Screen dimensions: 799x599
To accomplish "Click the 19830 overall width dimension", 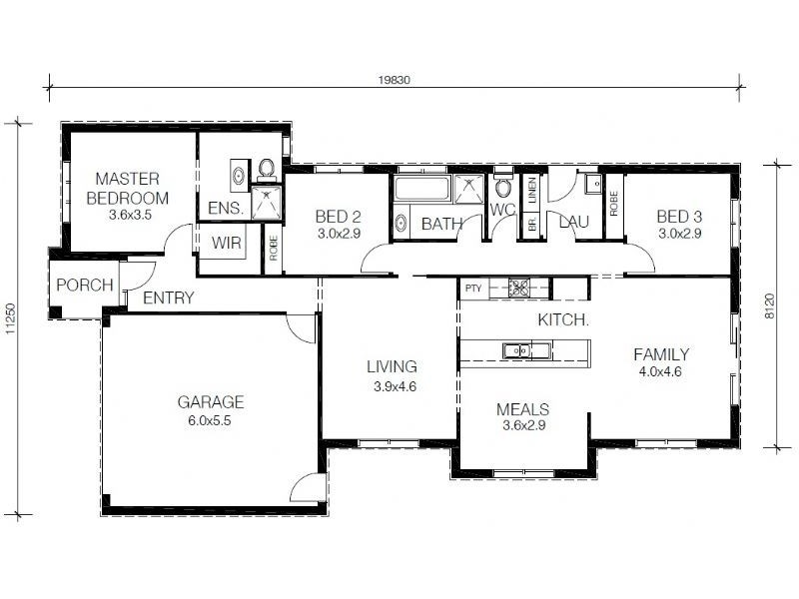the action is [394, 80].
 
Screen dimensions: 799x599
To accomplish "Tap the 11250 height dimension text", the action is [11, 319].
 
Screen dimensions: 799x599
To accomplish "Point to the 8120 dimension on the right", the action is [769, 306].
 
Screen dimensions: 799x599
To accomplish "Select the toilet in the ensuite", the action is [266, 170].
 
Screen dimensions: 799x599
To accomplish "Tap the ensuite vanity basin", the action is [239, 176].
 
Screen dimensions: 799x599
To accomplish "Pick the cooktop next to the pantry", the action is [519, 288].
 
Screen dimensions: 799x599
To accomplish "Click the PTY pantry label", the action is [472, 289].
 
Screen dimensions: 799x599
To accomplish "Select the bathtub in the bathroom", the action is [421, 188].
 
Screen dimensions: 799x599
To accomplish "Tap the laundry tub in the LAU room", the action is [593, 184].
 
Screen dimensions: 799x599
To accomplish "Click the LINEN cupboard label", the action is [532, 190].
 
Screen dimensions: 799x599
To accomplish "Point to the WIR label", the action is [227, 243].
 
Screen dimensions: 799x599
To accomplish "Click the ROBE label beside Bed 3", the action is [613, 204].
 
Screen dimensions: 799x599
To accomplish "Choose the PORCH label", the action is [85, 285].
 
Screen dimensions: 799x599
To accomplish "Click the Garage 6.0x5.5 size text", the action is [210, 420].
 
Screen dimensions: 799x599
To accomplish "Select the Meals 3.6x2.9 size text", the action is [523, 425].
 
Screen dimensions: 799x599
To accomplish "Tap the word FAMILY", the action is [661, 354].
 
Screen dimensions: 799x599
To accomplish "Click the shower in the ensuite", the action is [266, 203].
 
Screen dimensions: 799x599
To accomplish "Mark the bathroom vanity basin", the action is [401, 223].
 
